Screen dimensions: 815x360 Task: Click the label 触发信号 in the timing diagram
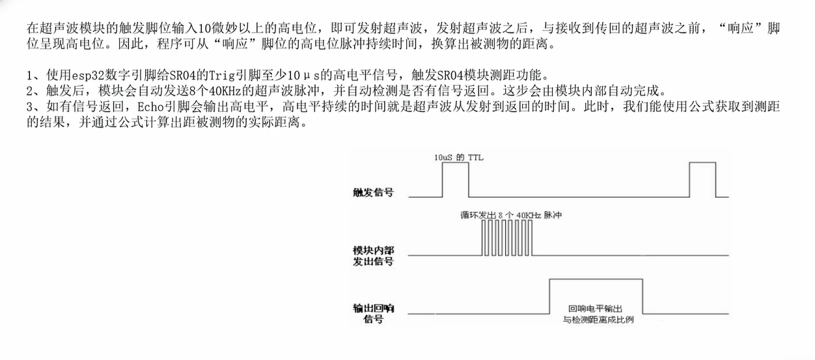pos(372,193)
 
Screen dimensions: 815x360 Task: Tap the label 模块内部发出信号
pos(372,255)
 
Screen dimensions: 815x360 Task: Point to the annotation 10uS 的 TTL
pos(460,158)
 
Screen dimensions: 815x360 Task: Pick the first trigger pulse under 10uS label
pos(455,179)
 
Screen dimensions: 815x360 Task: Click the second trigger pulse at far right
pos(702,179)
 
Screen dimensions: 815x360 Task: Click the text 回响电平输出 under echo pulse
pos(595,309)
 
